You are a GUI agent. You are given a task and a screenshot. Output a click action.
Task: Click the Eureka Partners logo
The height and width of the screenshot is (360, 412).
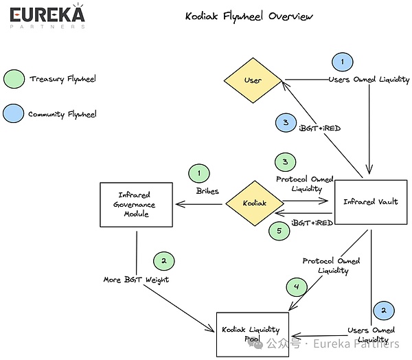click(47, 16)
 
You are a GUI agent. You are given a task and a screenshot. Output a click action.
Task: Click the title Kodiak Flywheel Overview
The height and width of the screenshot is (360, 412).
click(249, 16)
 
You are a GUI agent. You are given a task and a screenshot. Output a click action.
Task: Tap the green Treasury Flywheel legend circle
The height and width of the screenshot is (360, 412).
click(14, 79)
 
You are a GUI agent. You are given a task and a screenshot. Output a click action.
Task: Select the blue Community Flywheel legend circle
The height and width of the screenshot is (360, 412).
click(14, 113)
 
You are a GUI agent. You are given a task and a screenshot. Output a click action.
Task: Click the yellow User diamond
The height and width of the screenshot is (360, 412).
click(253, 80)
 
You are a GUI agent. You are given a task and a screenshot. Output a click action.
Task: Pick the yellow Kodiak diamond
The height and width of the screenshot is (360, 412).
click(255, 203)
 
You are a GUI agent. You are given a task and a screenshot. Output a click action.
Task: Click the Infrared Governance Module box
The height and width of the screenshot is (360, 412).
click(137, 205)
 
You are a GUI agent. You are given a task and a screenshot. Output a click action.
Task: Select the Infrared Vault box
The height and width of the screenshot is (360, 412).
click(371, 202)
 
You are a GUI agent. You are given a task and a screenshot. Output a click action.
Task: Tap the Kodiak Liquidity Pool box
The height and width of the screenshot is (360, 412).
click(253, 335)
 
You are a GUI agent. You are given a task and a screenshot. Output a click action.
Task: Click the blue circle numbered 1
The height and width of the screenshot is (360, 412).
click(343, 62)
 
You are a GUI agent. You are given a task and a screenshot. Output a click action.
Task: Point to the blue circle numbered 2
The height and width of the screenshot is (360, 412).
click(384, 311)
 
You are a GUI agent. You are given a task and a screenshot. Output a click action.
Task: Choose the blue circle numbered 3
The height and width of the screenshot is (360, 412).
click(286, 122)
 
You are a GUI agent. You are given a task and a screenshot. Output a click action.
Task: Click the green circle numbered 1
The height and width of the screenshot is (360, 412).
click(199, 173)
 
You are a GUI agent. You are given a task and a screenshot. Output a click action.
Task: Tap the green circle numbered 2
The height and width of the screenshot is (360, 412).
click(164, 261)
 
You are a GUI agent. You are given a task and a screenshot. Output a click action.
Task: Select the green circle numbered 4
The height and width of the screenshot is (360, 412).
click(297, 286)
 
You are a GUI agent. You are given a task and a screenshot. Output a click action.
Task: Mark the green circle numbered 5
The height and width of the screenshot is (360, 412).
click(279, 231)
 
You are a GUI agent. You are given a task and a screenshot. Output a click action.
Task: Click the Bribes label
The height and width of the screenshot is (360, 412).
click(207, 191)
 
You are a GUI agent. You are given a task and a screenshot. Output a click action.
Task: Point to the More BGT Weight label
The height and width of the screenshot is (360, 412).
click(136, 280)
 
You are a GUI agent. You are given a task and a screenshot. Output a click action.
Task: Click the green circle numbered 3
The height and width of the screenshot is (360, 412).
click(286, 161)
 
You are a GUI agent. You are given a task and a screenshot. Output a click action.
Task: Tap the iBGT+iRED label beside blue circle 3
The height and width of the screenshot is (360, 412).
click(320, 128)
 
